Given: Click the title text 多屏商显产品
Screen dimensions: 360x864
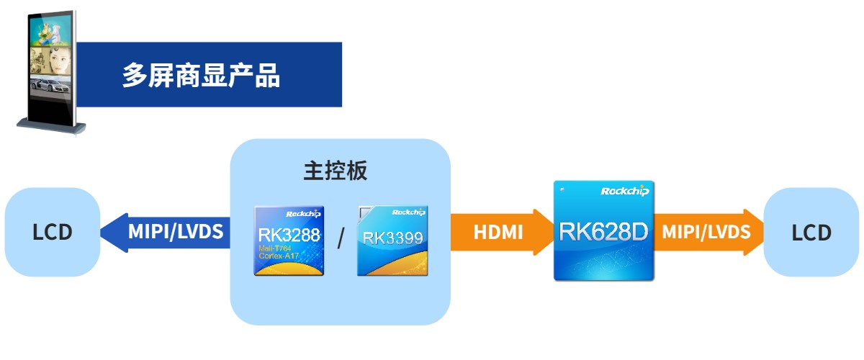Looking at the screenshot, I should coord(201,75).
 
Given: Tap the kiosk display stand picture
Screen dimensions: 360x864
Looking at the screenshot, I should coord(51,72).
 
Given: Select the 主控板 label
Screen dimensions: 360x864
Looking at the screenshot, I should coord(336,171).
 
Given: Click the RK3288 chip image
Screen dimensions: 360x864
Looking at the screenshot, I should coord(289,240).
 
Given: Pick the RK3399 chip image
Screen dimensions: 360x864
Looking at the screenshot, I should coord(392,240).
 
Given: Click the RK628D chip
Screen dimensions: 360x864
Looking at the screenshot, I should coord(603,230).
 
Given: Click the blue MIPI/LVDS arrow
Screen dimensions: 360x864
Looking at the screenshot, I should coord(166,232).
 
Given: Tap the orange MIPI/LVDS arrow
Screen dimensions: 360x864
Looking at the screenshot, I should coord(709,232).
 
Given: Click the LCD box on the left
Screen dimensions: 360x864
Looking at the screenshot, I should coord(53,232).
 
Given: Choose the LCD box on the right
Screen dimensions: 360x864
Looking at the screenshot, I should coord(811,232).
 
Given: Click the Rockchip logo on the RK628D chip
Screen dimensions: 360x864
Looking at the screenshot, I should coord(624,191).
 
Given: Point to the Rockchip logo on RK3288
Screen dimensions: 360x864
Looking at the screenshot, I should coord(302,214).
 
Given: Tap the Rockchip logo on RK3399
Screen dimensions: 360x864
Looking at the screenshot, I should coord(408,213).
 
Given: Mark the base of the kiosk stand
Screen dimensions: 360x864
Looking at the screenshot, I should coord(51,127).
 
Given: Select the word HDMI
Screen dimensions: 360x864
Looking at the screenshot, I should coord(498,232).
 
